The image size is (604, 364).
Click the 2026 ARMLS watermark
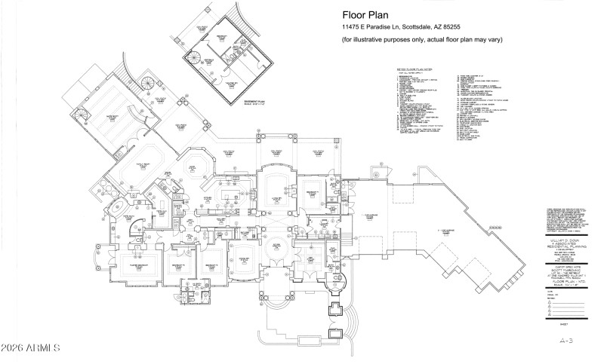[x=30, y=350]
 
